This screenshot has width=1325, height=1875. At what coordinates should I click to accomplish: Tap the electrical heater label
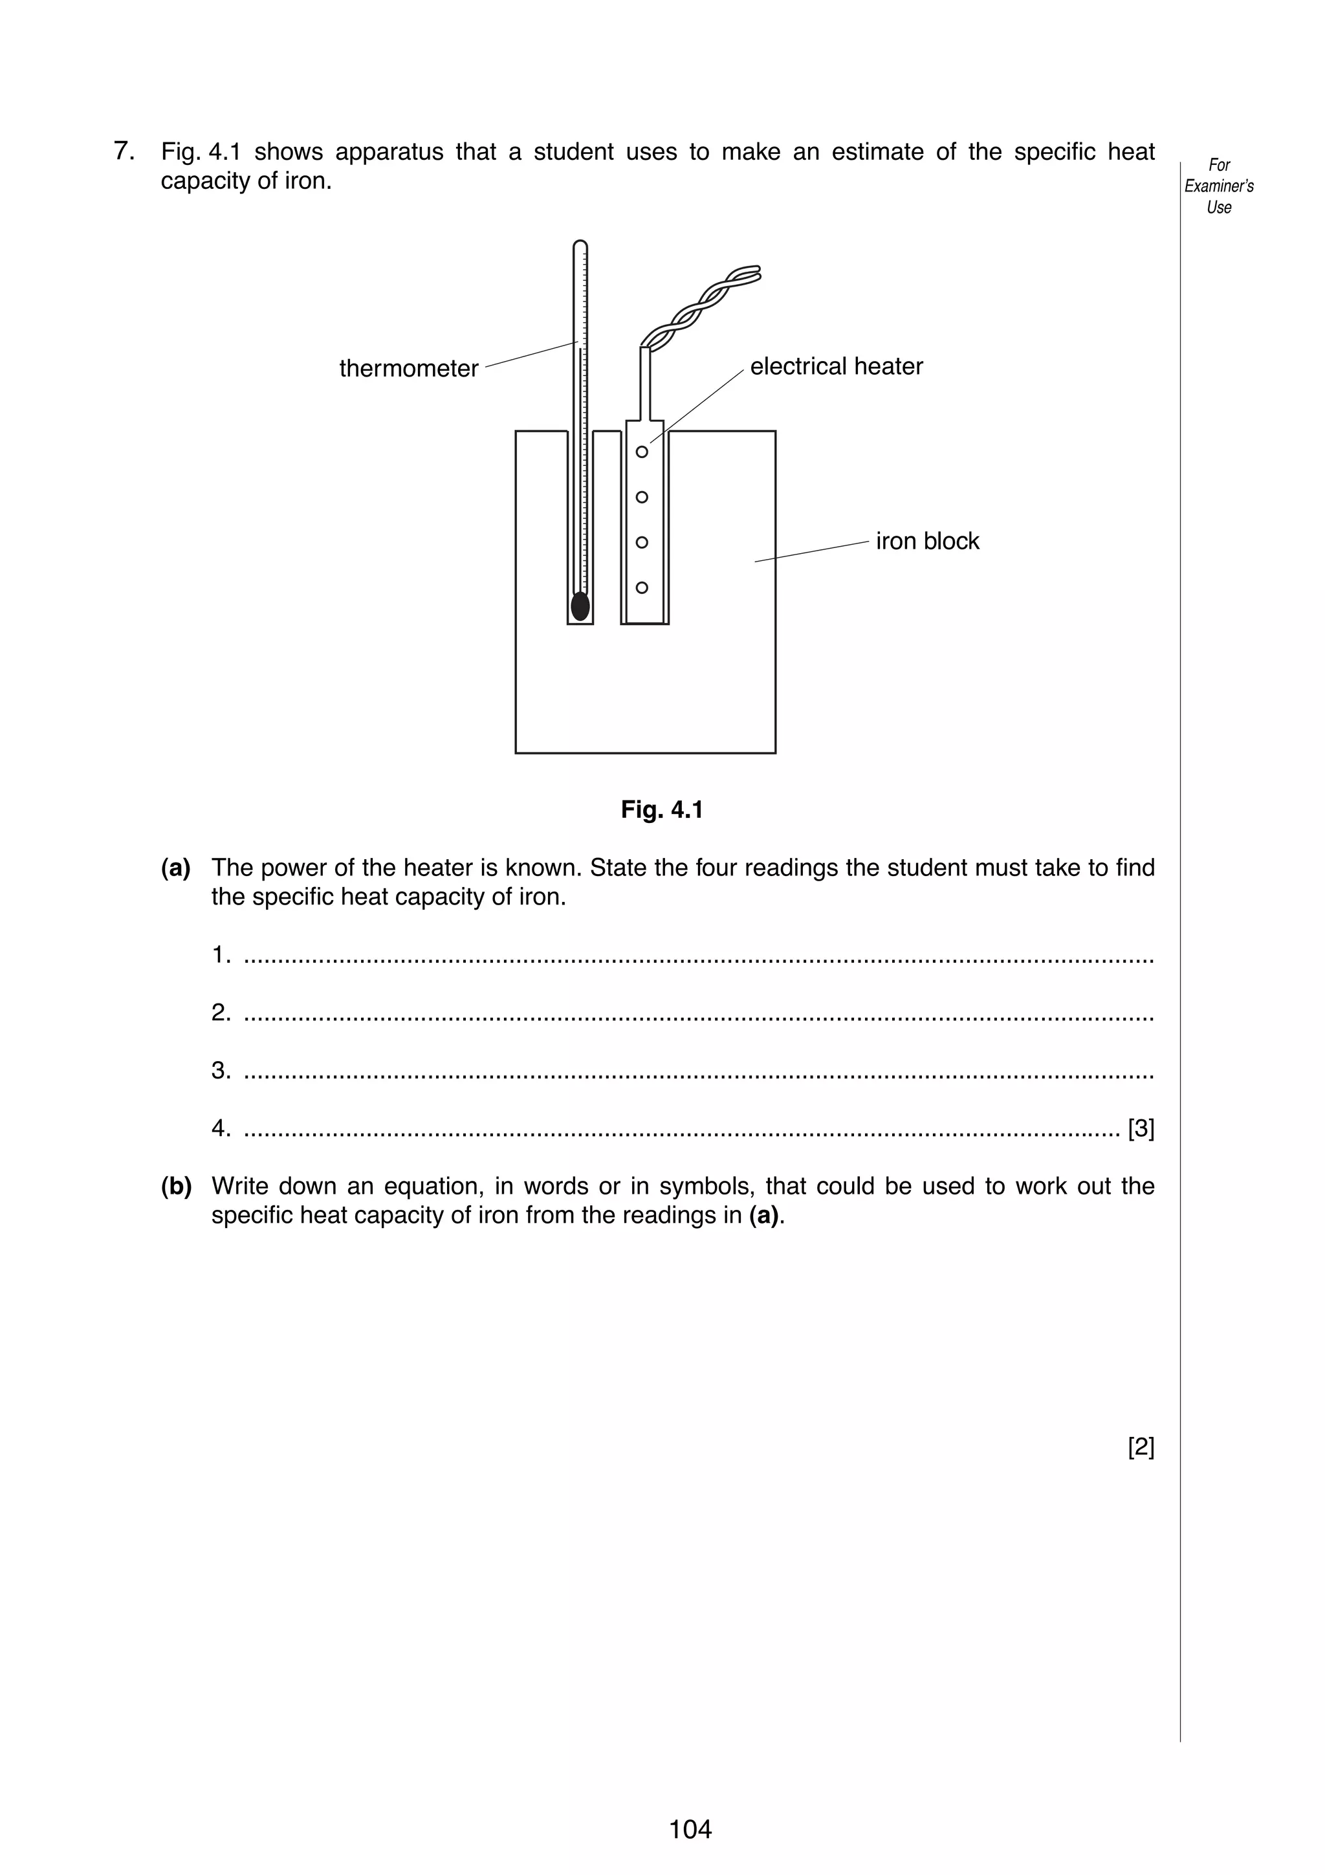click(x=836, y=367)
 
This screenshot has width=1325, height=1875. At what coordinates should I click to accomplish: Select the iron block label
click(x=926, y=542)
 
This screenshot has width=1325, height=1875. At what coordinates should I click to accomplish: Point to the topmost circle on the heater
click(x=642, y=452)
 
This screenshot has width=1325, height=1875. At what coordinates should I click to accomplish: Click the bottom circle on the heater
click(x=642, y=588)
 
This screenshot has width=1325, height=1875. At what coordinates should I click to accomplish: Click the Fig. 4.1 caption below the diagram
click(x=661, y=810)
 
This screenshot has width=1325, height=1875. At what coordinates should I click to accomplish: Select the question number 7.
click(x=124, y=152)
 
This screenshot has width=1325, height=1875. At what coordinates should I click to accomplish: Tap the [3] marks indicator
click(x=1141, y=1128)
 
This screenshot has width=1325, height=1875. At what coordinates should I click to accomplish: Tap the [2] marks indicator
click(x=1141, y=1447)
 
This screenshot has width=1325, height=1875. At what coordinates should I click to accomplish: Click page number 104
click(x=690, y=1828)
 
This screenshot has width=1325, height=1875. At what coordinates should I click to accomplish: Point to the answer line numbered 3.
click(x=698, y=1071)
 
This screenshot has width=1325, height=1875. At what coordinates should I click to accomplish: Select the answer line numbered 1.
click(x=698, y=956)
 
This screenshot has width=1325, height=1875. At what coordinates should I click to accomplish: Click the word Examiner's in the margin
click(x=1219, y=186)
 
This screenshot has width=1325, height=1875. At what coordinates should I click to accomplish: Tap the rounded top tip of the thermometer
click(x=580, y=244)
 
